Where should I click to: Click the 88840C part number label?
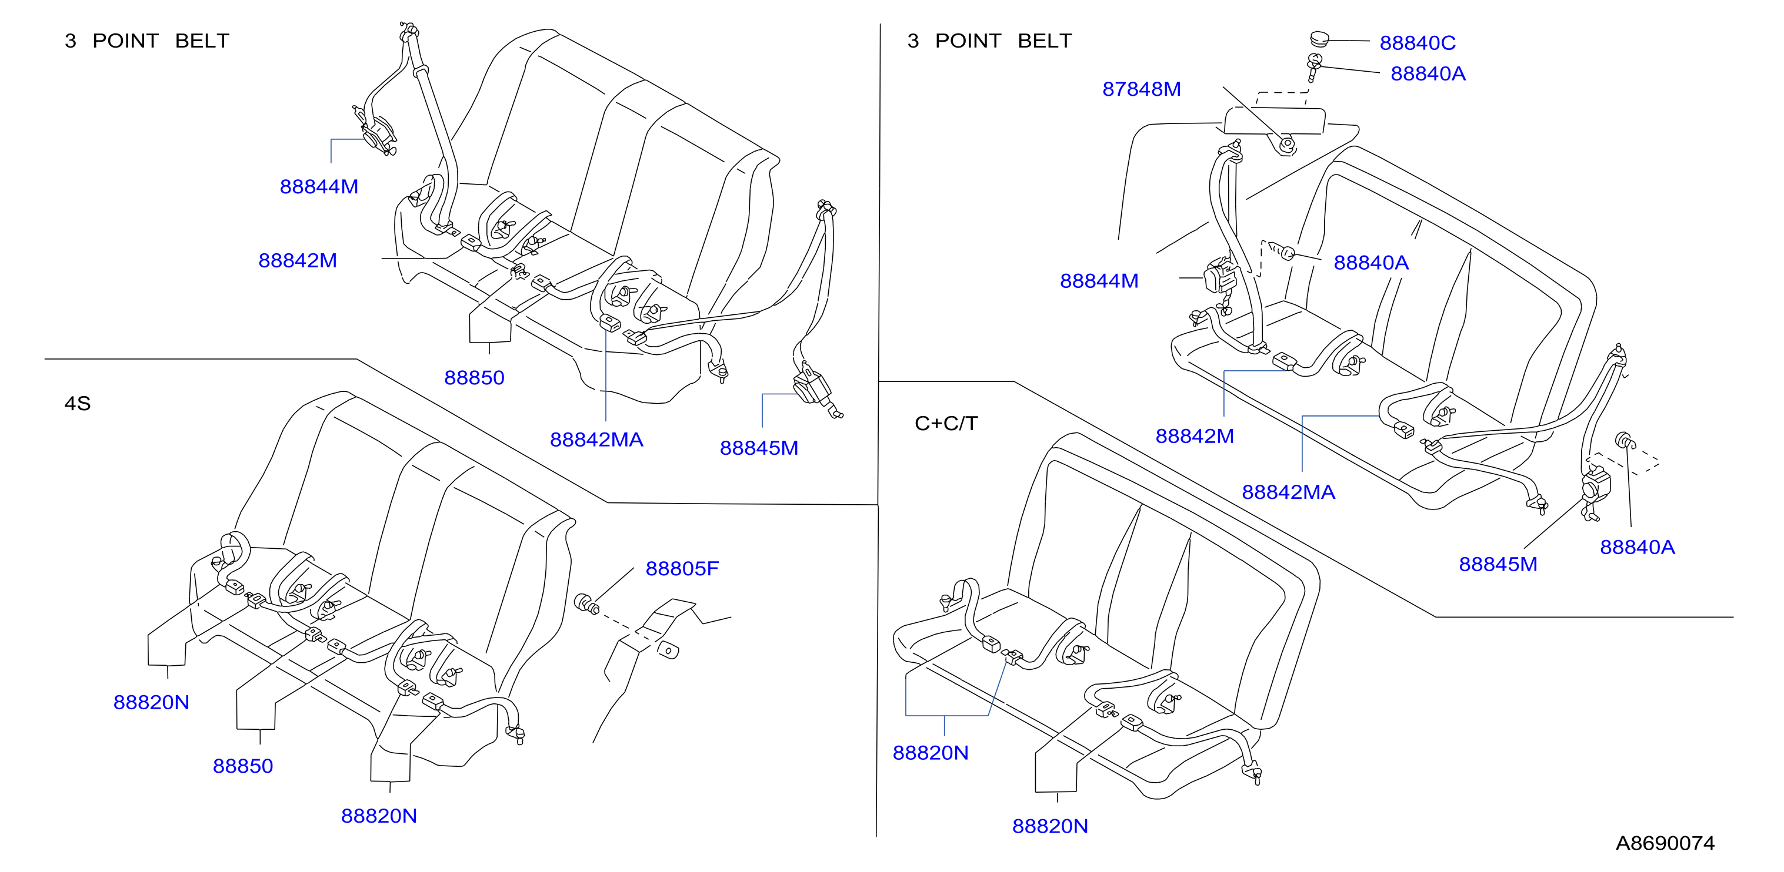1417,43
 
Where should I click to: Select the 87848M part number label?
1141,89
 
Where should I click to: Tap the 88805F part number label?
682,568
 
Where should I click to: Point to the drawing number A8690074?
1665,843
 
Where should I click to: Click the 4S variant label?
78,404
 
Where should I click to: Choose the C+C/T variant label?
946,423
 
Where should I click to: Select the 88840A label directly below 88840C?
1428,74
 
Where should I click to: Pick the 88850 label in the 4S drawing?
242,766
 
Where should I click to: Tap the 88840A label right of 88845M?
1636,548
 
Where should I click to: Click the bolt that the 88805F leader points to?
586,603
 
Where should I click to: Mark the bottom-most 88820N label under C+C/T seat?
1050,826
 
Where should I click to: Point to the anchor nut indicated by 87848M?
1286,145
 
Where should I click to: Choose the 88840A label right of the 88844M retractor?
1370,263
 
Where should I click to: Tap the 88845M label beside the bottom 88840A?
1498,564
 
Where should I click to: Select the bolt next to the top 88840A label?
1314,67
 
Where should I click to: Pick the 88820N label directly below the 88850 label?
378,816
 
